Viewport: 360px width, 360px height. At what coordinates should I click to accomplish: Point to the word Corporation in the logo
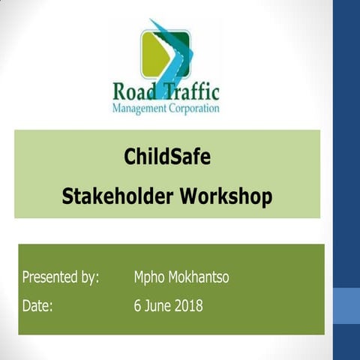click(194, 109)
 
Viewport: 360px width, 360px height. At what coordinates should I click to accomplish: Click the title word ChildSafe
click(166, 157)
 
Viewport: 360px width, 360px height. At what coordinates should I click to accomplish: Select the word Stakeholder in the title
click(118, 196)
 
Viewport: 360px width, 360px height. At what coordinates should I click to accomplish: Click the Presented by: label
click(60, 277)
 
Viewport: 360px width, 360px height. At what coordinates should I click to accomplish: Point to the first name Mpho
click(148, 277)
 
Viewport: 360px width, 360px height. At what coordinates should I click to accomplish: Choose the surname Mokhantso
click(199, 277)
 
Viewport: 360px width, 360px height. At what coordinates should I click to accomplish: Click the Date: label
click(37, 306)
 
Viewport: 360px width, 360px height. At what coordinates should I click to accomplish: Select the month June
click(157, 306)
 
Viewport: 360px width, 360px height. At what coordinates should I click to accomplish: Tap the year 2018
click(188, 306)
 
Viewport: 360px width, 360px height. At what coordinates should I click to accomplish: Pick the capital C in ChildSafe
click(130, 157)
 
